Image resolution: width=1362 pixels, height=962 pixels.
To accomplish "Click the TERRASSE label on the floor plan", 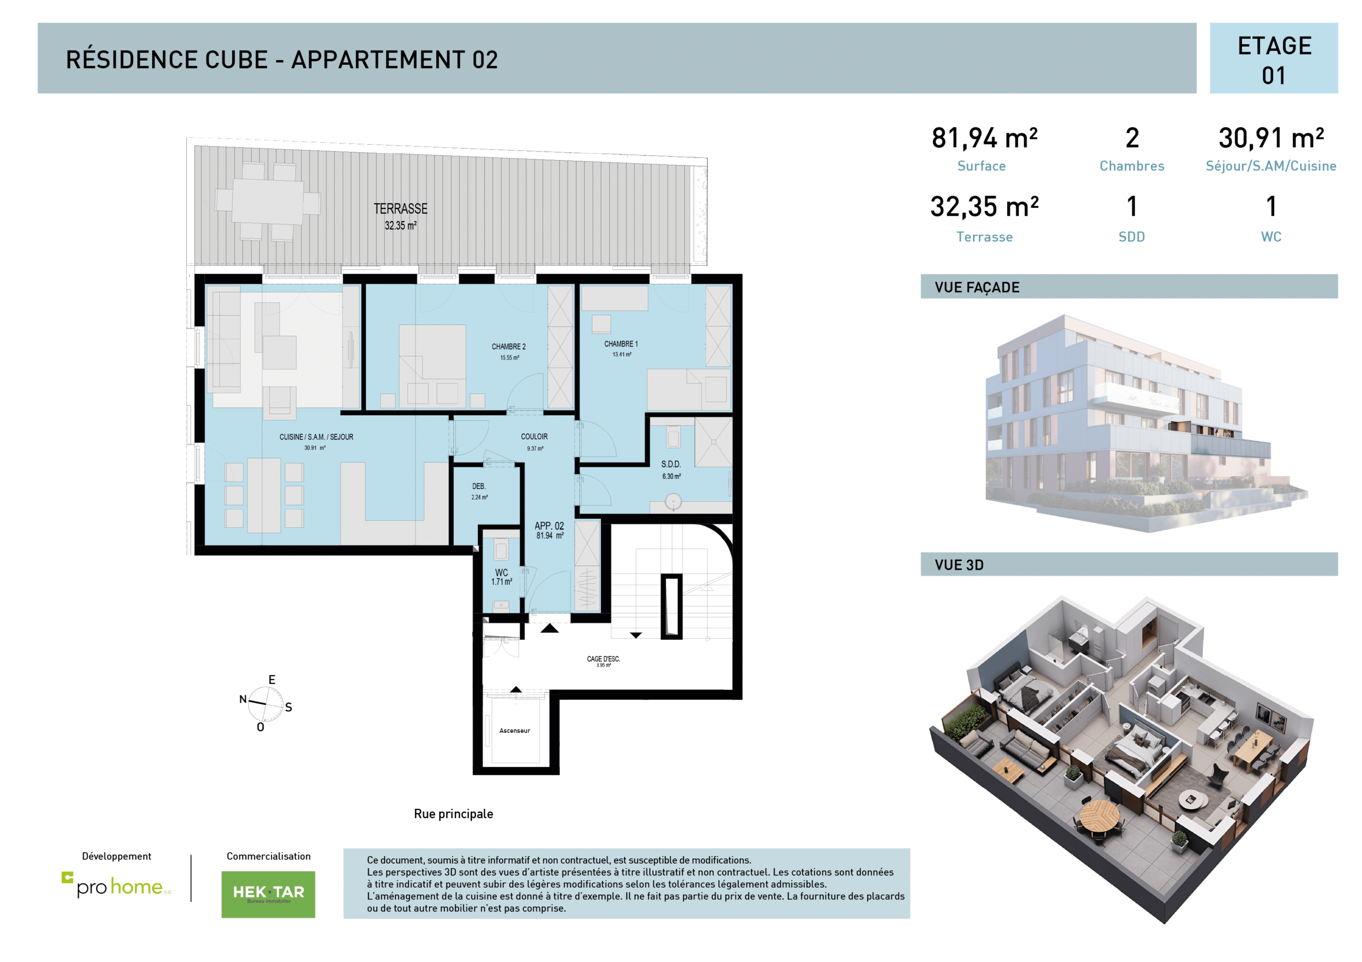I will (x=401, y=209).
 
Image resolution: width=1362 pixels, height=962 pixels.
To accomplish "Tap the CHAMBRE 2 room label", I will (x=509, y=347).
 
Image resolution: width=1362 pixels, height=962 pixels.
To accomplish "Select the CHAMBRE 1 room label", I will (x=621, y=344).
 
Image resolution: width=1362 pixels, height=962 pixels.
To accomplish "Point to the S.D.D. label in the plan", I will (x=671, y=465).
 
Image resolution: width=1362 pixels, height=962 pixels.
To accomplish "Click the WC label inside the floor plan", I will (x=501, y=573).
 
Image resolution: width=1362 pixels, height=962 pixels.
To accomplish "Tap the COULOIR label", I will (x=534, y=437).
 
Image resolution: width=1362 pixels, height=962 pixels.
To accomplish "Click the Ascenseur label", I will (x=514, y=731).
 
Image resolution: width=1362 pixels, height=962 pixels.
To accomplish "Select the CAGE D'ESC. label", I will (x=603, y=659).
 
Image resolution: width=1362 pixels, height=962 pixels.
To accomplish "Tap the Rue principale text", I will (x=453, y=814).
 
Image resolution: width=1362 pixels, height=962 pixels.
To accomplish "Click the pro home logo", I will (x=117, y=885).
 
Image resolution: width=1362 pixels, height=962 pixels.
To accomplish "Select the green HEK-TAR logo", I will (x=268, y=894).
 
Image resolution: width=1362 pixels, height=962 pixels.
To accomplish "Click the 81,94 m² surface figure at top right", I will (x=984, y=139).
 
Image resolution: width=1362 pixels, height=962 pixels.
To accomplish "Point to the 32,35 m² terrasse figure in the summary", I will (x=984, y=207).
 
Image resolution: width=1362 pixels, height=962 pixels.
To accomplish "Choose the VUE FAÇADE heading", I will (x=977, y=288).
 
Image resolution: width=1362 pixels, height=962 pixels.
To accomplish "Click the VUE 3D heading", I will (x=959, y=565).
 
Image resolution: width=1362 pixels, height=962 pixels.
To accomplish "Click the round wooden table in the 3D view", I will (x=1099, y=817).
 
